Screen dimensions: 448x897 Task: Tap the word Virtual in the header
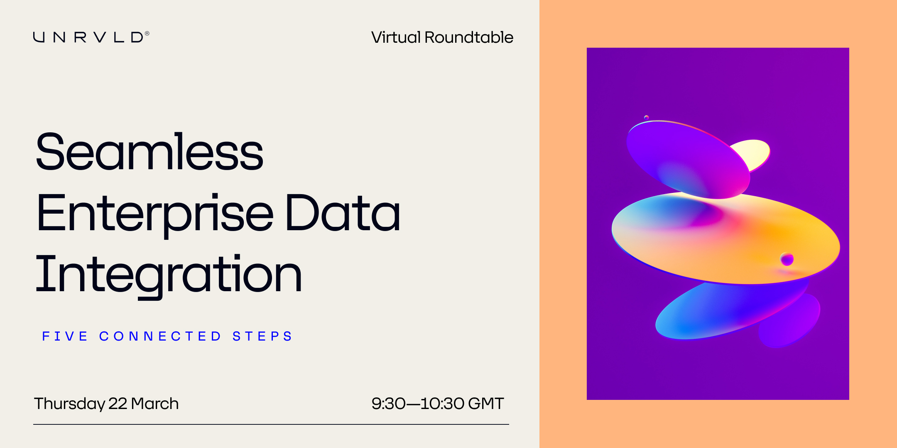pos(396,37)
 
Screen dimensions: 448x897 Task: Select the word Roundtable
pos(469,37)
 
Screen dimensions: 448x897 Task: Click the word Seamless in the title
pos(149,152)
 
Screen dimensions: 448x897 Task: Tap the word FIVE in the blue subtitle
pos(65,336)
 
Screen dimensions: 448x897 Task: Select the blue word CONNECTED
pos(160,336)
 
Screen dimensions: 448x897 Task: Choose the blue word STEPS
pos(262,336)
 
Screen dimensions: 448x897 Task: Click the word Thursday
pos(69,404)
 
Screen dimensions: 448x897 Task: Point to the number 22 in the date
pos(118,404)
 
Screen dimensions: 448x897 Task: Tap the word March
pos(155,404)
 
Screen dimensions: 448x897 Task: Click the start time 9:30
pos(388,404)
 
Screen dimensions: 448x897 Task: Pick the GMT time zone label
pos(486,404)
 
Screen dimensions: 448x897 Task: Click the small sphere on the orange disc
pos(787,259)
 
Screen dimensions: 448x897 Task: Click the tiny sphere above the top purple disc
pos(646,117)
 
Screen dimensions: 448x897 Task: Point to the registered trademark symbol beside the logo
pos(147,34)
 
